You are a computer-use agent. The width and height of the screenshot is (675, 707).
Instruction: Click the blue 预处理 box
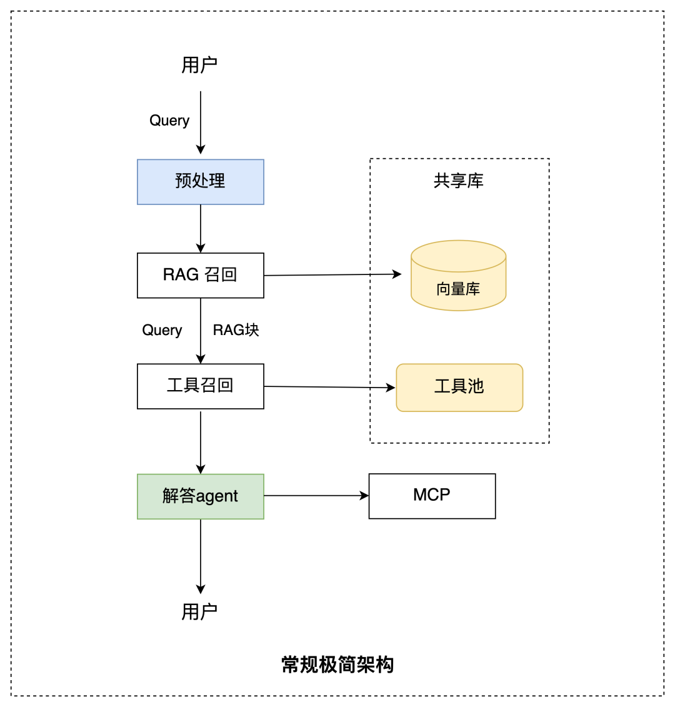tap(200, 182)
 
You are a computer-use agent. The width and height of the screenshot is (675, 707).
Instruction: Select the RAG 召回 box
tap(200, 275)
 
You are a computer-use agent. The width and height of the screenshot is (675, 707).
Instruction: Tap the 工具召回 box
tap(200, 386)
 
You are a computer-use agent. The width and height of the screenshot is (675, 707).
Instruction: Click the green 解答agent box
tap(200, 496)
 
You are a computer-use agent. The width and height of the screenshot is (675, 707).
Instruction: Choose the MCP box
tap(432, 496)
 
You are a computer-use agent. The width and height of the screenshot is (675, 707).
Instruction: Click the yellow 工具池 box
tap(459, 387)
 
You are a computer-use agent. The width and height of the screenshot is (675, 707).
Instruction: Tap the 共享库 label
tap(459, 181)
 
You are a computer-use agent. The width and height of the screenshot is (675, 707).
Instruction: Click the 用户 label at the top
tap(199, 64)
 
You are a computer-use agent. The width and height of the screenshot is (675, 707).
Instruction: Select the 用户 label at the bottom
tap(199, 611)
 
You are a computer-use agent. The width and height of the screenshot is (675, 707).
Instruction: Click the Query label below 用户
tap(169, 121)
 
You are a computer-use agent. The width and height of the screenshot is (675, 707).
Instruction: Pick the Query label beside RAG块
tap(162, 330)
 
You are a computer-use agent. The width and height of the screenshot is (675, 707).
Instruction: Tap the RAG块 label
tap(236, 330)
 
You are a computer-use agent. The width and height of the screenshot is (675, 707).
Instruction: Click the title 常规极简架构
tap(337, 664)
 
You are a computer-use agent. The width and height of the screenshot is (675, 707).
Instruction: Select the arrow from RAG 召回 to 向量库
tap(331, 274)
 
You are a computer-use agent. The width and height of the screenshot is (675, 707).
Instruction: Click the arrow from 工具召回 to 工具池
tap(329, 387)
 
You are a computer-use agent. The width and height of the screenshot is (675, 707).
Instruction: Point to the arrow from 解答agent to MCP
tap(316, 496)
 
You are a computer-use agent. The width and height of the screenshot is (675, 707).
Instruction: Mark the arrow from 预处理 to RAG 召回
tap(201, 228)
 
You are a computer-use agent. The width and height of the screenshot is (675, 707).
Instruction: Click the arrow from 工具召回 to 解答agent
tap(201, 441)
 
